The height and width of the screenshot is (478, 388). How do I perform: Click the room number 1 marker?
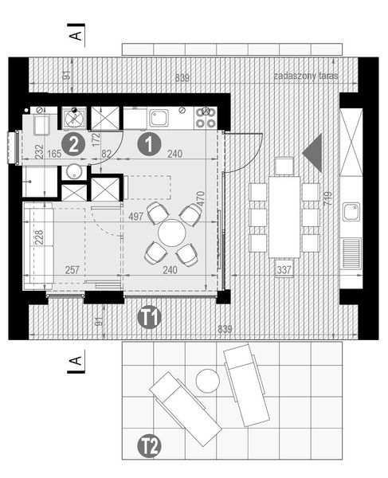click(x=148, y=144)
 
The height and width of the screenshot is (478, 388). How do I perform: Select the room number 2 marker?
click(x=74, y=144)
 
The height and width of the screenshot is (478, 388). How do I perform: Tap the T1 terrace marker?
click(x=148, y=318)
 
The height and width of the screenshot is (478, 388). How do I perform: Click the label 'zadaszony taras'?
click(x=306, y=76)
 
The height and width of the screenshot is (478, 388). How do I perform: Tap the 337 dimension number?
click(x=284, y=269)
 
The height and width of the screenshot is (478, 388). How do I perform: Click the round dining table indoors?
click(x=171, y=234)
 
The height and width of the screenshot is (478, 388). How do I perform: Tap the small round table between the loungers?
click(x=207, y=380)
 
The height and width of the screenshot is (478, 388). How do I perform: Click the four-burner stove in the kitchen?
click(x=205, y=118)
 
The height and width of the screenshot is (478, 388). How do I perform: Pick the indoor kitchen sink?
click(x=159, y=119)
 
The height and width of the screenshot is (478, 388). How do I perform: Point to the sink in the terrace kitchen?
click(x=351, y=211)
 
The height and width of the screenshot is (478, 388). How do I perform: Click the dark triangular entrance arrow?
click(x=312, y=150)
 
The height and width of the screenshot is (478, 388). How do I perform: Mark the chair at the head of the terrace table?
click(x=284, y=167)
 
